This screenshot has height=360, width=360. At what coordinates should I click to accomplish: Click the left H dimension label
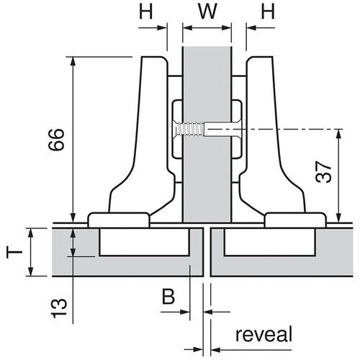pyautogui.click(x=146, y=12)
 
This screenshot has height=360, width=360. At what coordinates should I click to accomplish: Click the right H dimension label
pyautogui.click(x=268, y=12)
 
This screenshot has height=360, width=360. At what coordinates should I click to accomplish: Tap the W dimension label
pyautogui.click(x=207, y=12)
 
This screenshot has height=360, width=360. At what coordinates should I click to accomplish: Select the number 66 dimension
pyautogui.click(x=56, y=140)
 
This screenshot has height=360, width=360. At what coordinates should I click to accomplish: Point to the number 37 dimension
pyautogui.click(x=323, y=172)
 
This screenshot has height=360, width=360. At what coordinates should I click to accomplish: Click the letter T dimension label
pyautogui.click(x=14, y=252)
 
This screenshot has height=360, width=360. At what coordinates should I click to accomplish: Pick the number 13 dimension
pyautogui.click(x=59, y=308)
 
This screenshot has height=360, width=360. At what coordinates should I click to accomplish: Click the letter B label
pyautogui.click(x=168, y=297)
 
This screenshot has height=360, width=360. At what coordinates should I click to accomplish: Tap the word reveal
pyautogui.click(x=264, y=334)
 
